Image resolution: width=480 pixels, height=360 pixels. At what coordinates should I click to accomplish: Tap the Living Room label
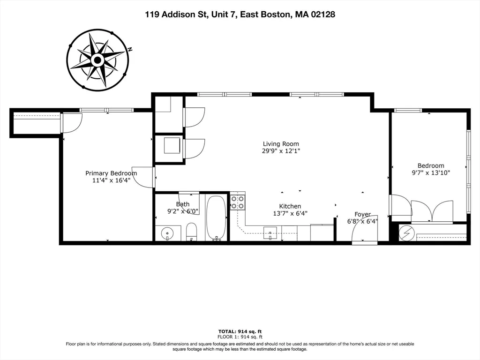click(x=280, y=144)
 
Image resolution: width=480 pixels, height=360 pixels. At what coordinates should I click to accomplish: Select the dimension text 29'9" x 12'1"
click(x=280, y=151)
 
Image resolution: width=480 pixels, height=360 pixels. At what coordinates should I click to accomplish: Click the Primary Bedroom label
click(x=111, y=173)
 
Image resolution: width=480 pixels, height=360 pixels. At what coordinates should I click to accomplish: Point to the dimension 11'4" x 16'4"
click(x=111, y=180)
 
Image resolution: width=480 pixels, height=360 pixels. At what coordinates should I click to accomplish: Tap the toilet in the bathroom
click(x=191, y=232)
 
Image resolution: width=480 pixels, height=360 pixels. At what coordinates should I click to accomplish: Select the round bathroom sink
click(x=168, y=232)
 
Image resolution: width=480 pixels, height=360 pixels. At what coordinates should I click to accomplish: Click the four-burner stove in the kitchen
click(x=237, y=202)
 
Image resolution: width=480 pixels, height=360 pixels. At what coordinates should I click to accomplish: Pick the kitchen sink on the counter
click(x=270, y=232)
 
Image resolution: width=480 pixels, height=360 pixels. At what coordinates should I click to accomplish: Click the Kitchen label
click(x=290, y=206)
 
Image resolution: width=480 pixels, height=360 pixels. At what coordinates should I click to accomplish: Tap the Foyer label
click(x=362, y=214)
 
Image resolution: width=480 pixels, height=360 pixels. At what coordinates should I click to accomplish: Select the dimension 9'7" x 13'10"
click(x=430, y=172)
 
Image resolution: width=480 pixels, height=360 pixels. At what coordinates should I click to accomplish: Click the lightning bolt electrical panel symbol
click(x=405, y=233)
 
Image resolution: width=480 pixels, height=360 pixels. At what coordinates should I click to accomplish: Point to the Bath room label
click(x=183, y=204)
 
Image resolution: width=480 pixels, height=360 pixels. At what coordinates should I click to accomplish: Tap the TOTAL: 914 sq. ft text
click(x=240, y=331)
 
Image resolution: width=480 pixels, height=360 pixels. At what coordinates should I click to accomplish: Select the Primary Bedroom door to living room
click(x=143, y=177)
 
